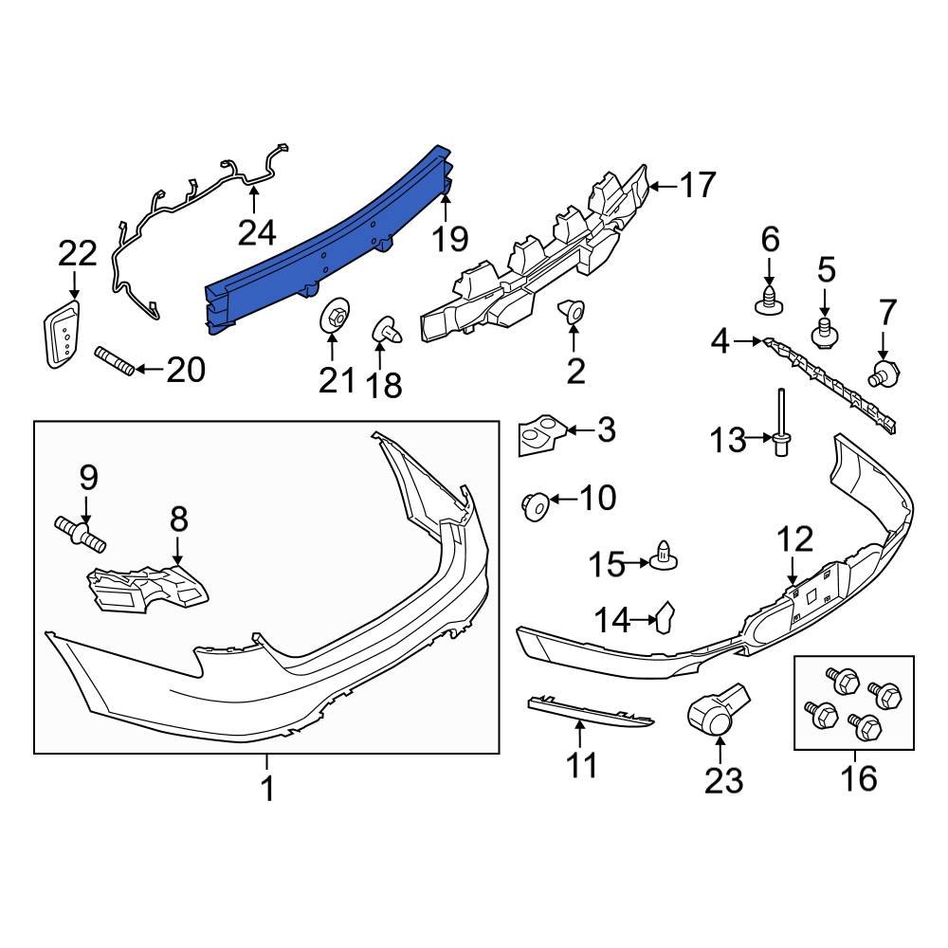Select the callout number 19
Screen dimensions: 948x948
[x=451, y=239]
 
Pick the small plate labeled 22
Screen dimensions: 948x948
[x=61, y=334]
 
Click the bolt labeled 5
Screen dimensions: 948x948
[x=825, y=332]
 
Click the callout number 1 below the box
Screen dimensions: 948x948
[x=267, y=787]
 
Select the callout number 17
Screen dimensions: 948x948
[x=698, y=185]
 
